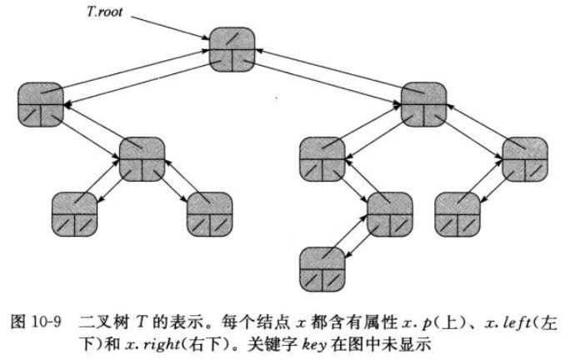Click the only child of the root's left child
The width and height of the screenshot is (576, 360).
(142, 159)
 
